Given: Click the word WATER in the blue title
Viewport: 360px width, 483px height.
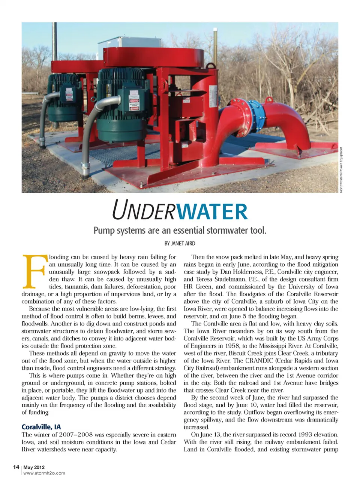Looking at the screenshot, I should tap(211, 211).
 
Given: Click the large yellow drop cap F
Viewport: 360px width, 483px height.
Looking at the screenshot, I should tap(34, 271).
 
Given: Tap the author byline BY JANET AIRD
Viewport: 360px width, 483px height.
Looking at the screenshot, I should tap(180, 243).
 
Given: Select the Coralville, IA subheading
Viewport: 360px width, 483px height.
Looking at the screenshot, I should tap(41, 427).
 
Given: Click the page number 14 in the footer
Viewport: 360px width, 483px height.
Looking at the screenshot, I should tap(16, 467).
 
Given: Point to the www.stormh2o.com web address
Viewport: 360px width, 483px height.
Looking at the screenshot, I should tap(44, 473).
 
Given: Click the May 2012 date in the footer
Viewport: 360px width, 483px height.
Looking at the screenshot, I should tap(34, 467).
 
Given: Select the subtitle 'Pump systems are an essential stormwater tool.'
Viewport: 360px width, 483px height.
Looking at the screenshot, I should tap(180, 230).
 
